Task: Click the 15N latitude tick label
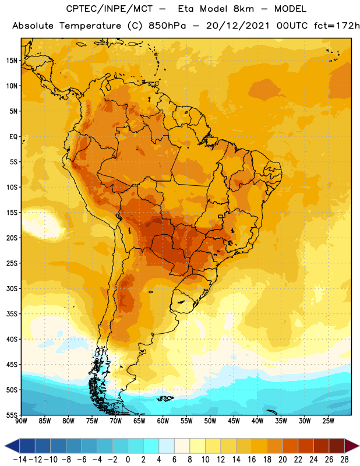click(x=12, y=61)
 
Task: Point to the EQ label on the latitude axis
click(x=13, y=137)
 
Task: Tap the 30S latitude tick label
click(x=12, y=288)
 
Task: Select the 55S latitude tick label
click(x=12, y=415)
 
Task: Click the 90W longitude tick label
click(x=21, y=421)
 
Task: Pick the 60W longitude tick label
click(x=163, y=421)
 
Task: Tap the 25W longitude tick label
click(x=328, y=421)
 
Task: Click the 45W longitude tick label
click(x=234, y=421)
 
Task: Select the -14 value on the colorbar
click(x=20, y=460)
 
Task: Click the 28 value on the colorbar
click(x=344, y=460)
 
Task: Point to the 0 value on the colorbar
click(x=128, y=460)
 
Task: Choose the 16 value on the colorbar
click(x=252, y=460)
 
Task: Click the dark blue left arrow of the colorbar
click(x=12, y=446)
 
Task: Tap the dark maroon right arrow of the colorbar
click(x=352, y=446)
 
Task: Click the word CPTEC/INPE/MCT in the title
click(x=110, y=9)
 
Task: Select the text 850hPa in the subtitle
click(x=167, y=26)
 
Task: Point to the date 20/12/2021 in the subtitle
click(x=238, y=26)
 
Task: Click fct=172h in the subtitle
click(x=337, y=26)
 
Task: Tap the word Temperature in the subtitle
click(x=90, y=26)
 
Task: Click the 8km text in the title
click(x=243, y=9)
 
